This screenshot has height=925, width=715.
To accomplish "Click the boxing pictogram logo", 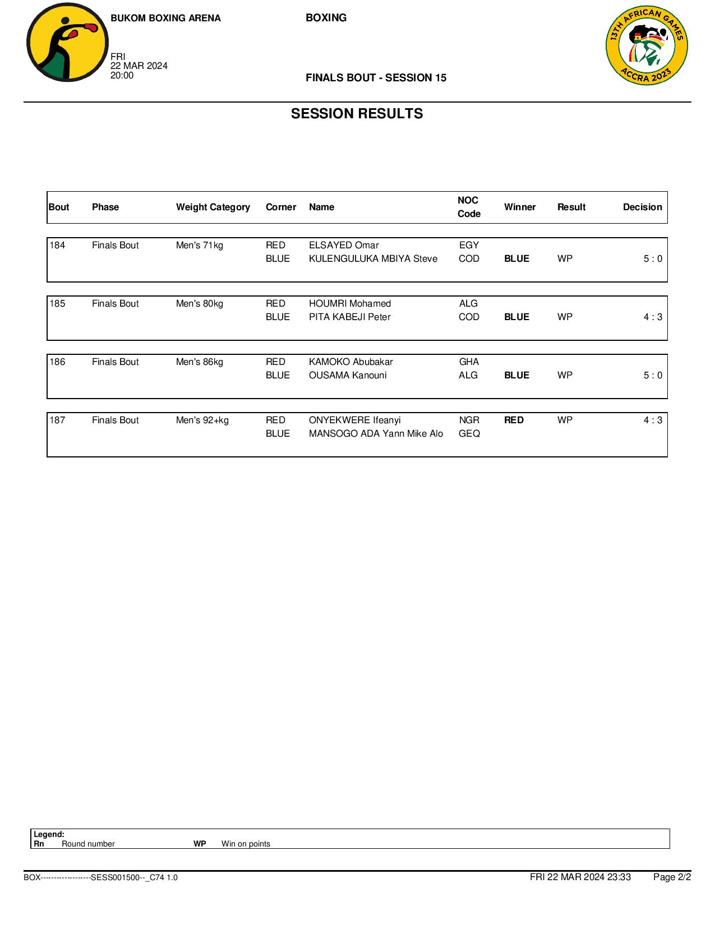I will point(67,43).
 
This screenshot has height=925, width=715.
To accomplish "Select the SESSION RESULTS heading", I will point(357,114).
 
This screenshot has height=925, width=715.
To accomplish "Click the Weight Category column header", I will point(213,207).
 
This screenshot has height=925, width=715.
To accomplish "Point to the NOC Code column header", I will point(469,207).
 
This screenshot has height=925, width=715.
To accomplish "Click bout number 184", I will point(57,246).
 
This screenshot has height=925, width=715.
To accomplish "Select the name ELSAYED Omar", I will point(344,246).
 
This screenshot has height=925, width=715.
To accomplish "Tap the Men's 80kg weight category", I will point(199,304).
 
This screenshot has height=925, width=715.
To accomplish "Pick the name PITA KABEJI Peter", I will point(349,317).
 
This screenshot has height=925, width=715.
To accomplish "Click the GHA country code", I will point(469,362).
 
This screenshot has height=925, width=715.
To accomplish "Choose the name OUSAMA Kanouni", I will point(348,376).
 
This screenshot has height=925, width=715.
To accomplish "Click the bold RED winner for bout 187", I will point(514,420).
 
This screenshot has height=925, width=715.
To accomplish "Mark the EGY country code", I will point(469,246).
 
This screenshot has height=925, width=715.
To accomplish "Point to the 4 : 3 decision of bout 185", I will point(653,317).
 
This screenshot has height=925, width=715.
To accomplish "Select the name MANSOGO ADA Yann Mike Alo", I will point(376,434).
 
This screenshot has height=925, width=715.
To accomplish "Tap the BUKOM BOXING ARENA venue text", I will point(165,18).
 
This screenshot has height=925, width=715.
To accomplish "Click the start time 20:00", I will point(122,76).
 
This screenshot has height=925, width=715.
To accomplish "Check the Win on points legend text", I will point(246,844).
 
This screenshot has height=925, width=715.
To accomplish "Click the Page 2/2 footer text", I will point(672,877).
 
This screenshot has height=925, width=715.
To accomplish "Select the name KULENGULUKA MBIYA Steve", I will point(373,259).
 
